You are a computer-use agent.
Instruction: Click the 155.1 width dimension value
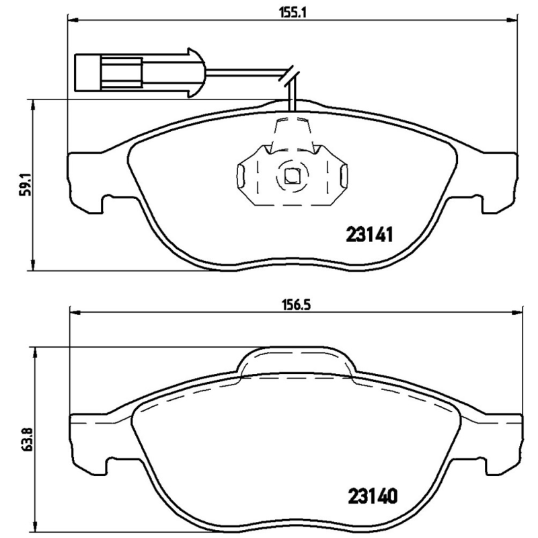tap(291, 11)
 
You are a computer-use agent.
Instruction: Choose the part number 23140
tap(373, 496)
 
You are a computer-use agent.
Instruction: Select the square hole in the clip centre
tap(291, 177)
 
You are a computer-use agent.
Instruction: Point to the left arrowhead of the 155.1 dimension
tap(71, 21)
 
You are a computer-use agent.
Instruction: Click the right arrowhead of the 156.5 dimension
tap(518, 311)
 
